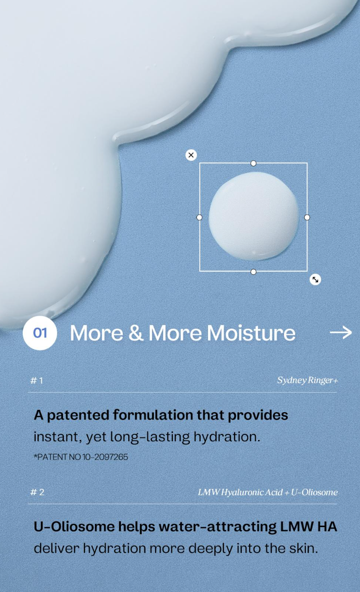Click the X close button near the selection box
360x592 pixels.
[191, 155]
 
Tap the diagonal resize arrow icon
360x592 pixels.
[315, 280]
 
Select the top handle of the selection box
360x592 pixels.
[253, 163]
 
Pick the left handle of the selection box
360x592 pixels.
[199, 217]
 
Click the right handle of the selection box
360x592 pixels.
[307, 217]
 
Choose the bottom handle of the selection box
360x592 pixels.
[253, 272]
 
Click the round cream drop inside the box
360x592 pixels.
[253, 216]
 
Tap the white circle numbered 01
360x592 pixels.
[40, 333]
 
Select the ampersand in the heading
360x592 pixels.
[136, 333]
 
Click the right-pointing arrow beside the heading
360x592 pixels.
[341, 332]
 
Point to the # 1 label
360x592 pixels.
[37, 381]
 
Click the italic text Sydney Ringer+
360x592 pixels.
[308, 381]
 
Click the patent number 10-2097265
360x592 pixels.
[105, 457]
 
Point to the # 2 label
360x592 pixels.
[37, 492]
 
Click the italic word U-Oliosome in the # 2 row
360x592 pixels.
[314, 492]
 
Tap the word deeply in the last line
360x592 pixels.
[211, 549]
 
